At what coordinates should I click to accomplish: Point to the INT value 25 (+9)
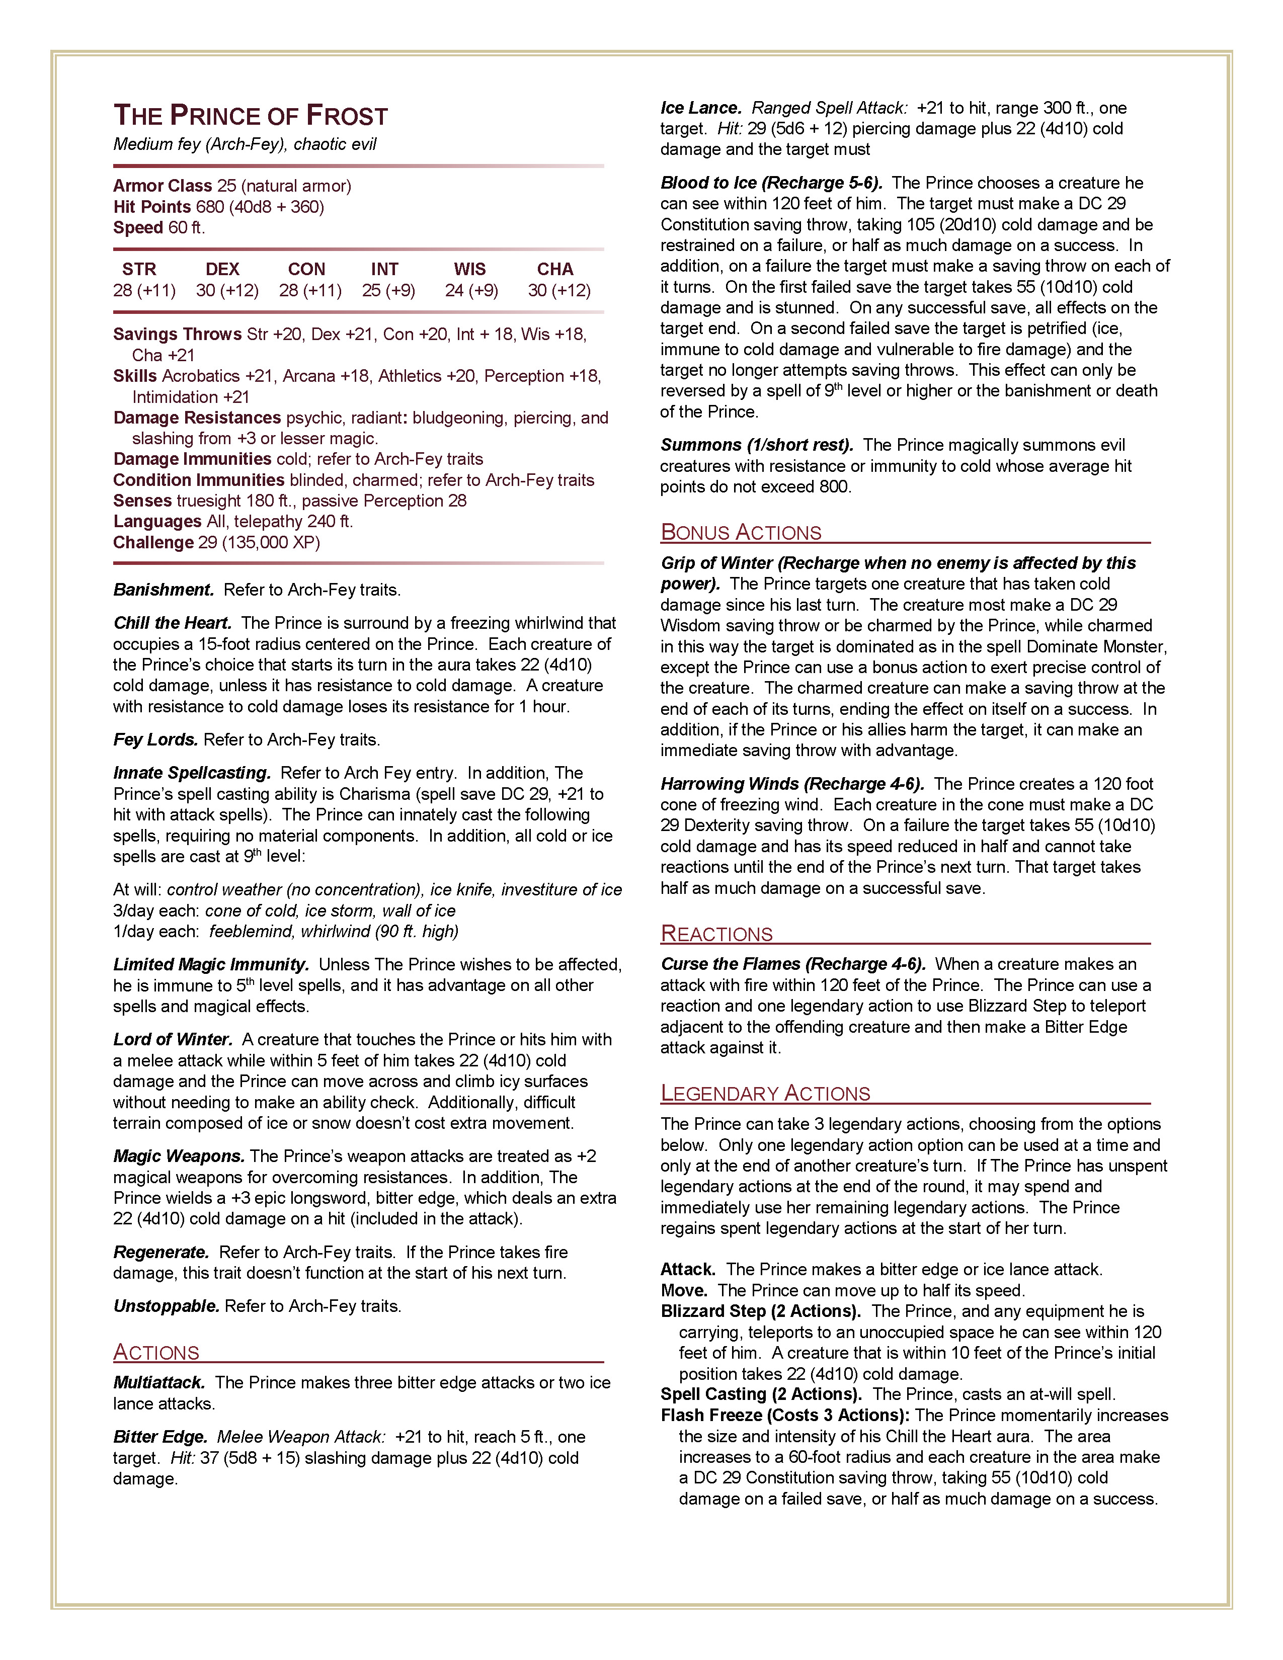click(388, 290)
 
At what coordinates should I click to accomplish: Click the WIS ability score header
click(470, 269)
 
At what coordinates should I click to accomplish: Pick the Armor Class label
click(163, 186)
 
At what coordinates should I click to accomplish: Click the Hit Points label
click(152, 207)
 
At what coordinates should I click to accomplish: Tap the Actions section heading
click(156, 1352)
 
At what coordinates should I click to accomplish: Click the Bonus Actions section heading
click(741, 532)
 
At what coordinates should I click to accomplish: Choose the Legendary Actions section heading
click(765, 1093)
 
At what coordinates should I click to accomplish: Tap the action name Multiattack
click(159, 1382)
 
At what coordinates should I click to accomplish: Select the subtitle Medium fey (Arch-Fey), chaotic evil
click(245, 144)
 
